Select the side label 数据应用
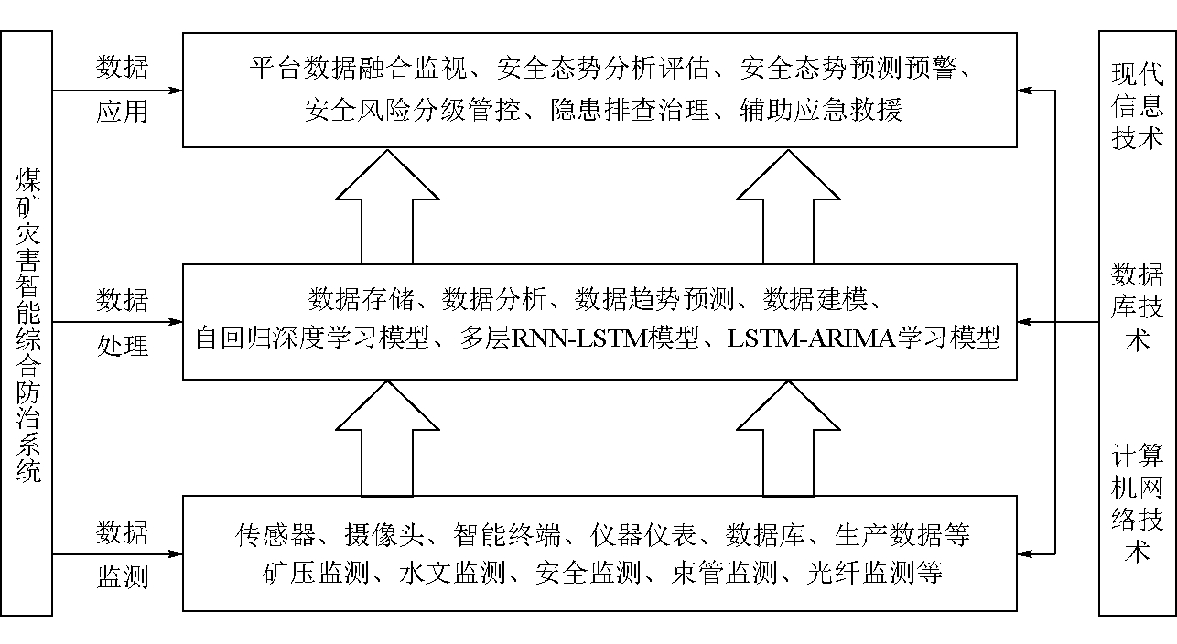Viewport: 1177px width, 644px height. (123, 90)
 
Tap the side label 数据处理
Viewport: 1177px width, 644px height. (123, 323)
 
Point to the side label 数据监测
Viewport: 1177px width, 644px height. (123, 555)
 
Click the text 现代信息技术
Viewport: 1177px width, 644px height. (1137, 106)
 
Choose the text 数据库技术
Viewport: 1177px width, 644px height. (1137, 306)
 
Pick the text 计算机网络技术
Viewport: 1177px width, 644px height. (1137, 504)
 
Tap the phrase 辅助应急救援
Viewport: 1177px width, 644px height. (822, 111)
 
